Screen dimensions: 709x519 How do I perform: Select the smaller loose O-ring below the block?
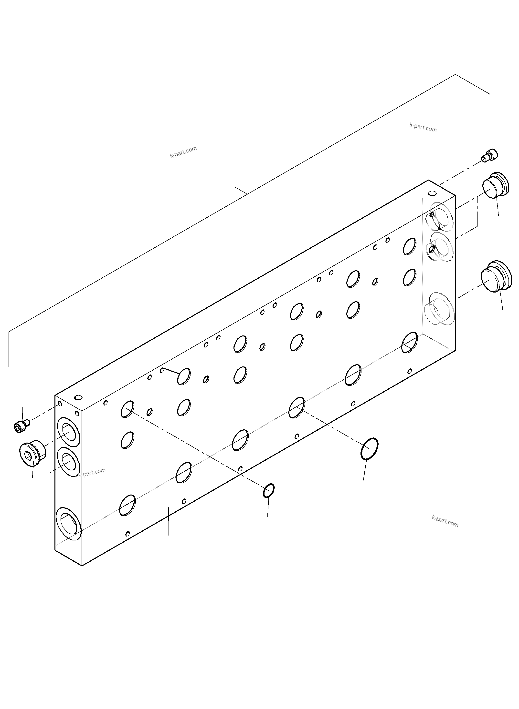pyautogui.click(x=269, y=490)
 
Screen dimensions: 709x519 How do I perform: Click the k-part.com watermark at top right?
pyautogui.click(x=423, y=127)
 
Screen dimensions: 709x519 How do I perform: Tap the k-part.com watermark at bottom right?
pyautogui.click(x=445, y=521)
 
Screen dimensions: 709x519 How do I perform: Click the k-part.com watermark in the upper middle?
pyautogui.click(x=183, y=152)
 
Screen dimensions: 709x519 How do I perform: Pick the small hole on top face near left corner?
pyautogui.click(x=78, y=398)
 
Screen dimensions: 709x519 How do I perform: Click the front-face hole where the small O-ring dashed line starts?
pyautogui.click(x=127, y=409)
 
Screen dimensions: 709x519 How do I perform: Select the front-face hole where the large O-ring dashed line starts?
pyautogui.click(x=297, y=407)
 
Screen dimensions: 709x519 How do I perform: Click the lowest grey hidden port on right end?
pyautogui.click(x=439, y=309)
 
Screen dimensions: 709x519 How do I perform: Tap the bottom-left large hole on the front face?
pyautogui.click(x=127, y=505)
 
